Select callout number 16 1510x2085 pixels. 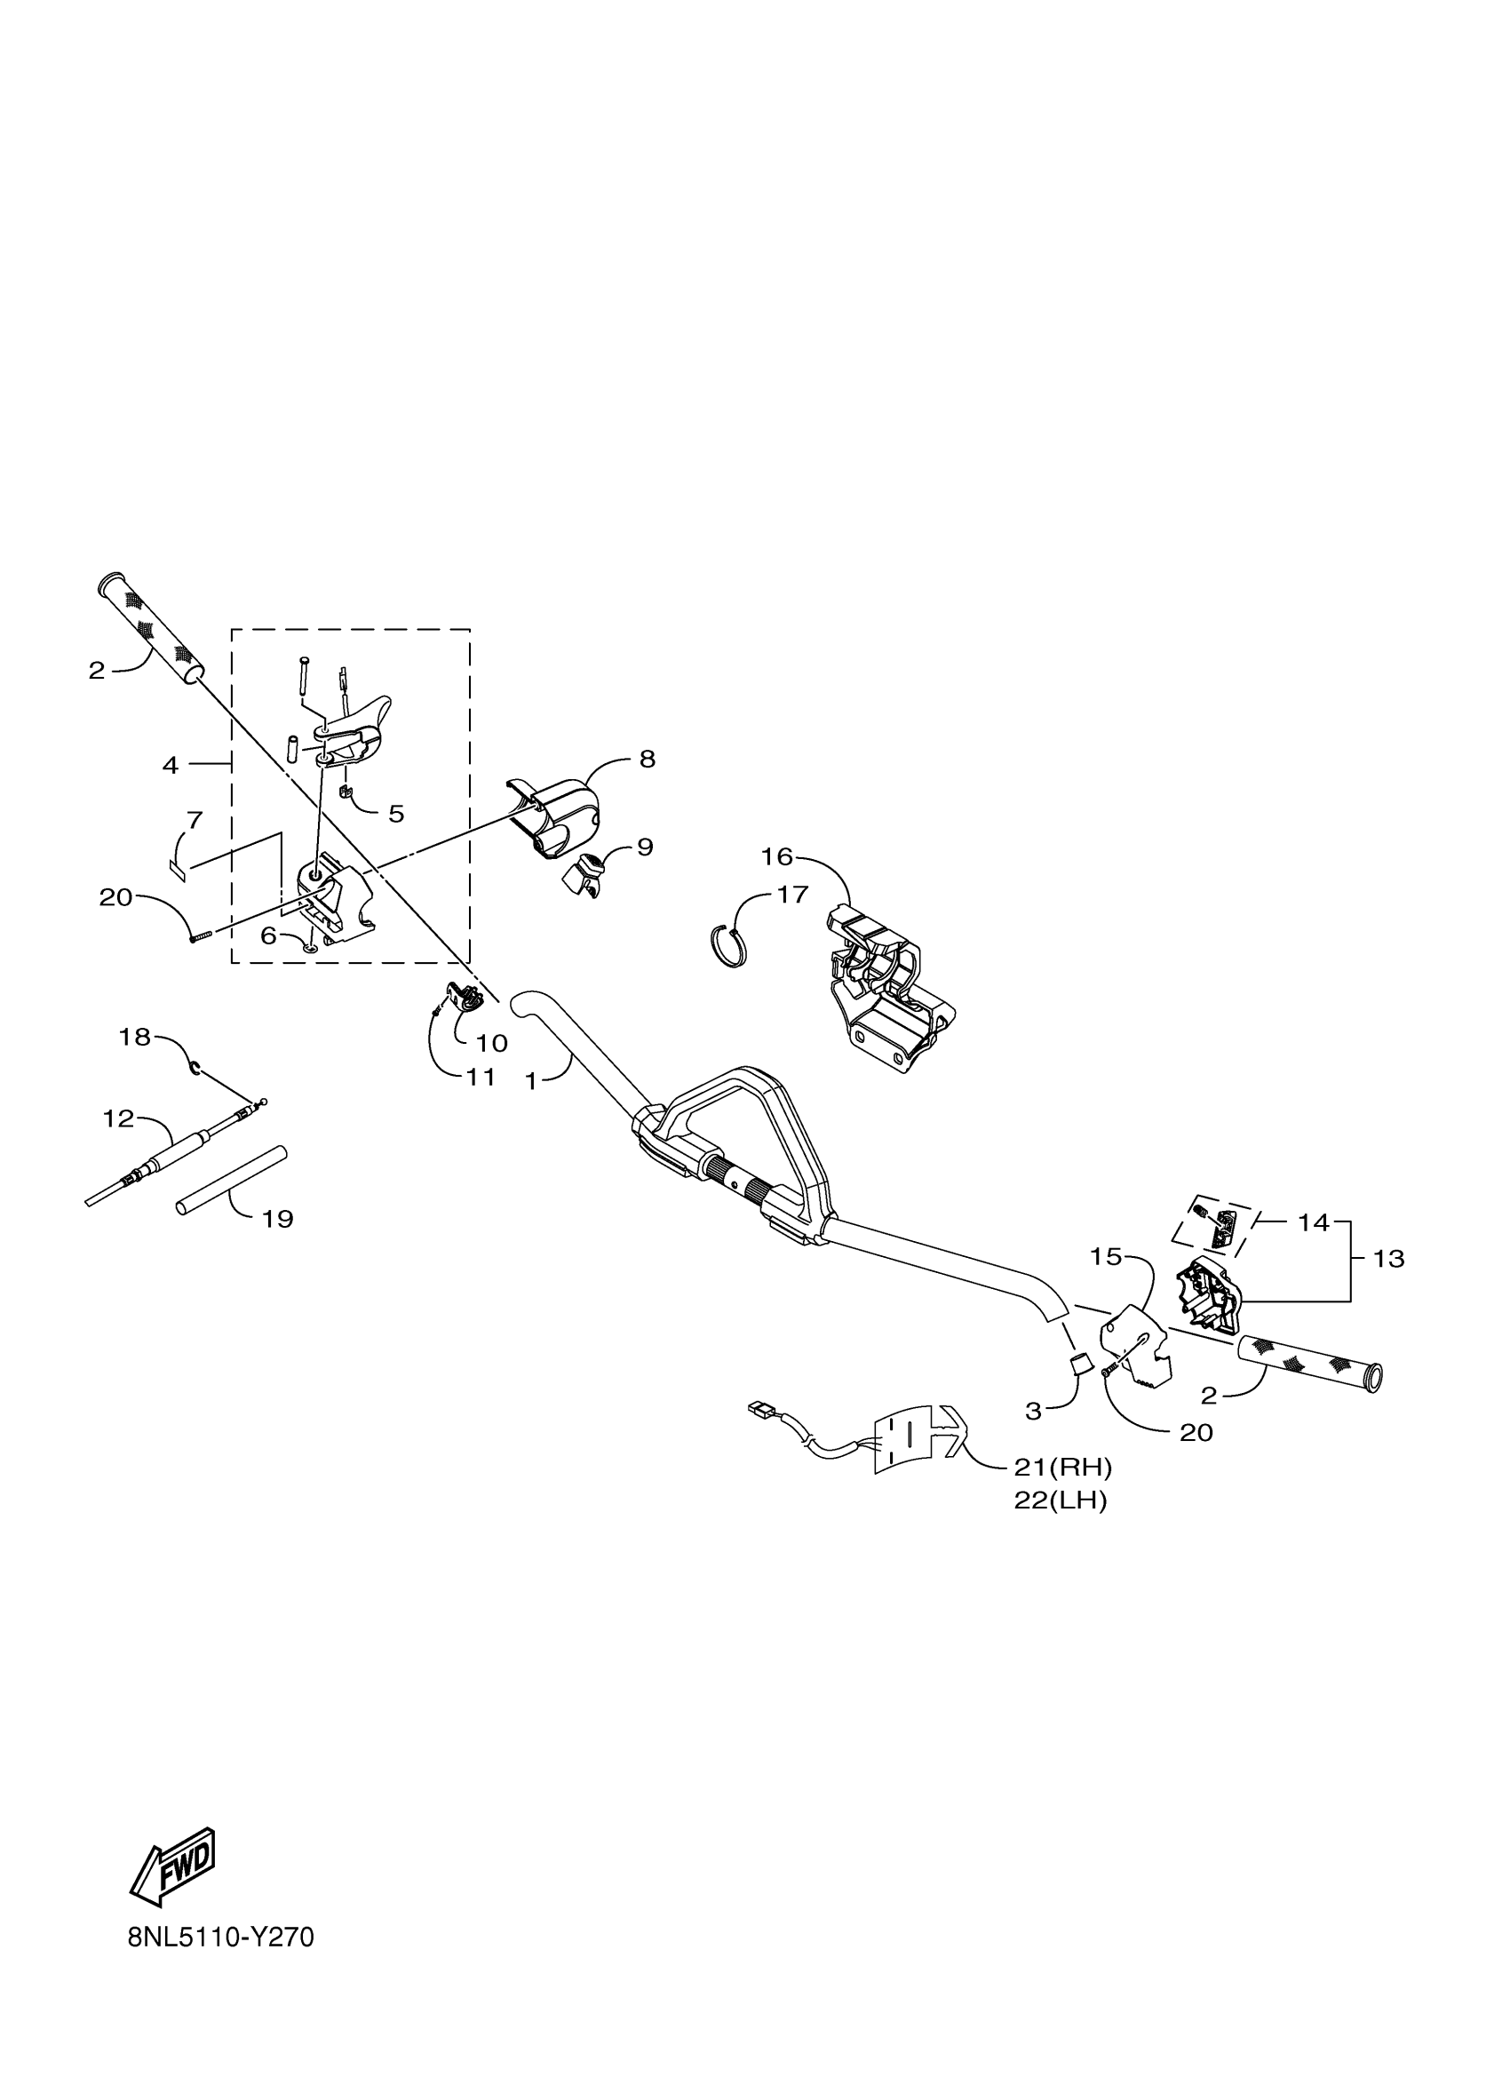[776, 856]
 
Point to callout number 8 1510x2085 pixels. [647, 760]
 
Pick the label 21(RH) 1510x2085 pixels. [1063, 1467]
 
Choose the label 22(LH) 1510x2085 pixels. [1061, 1501]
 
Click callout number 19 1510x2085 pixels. [277, 1219]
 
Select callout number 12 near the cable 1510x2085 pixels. [118, 1118]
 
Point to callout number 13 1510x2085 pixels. [1387, 1259]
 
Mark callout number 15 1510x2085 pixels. [1107, 1257]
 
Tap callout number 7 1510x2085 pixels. [194, 819]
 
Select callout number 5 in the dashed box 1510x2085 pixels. [396, 814]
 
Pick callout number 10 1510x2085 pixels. [492, 1043]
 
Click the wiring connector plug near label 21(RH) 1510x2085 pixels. [761, 1433]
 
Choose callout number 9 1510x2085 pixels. [645, 847]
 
